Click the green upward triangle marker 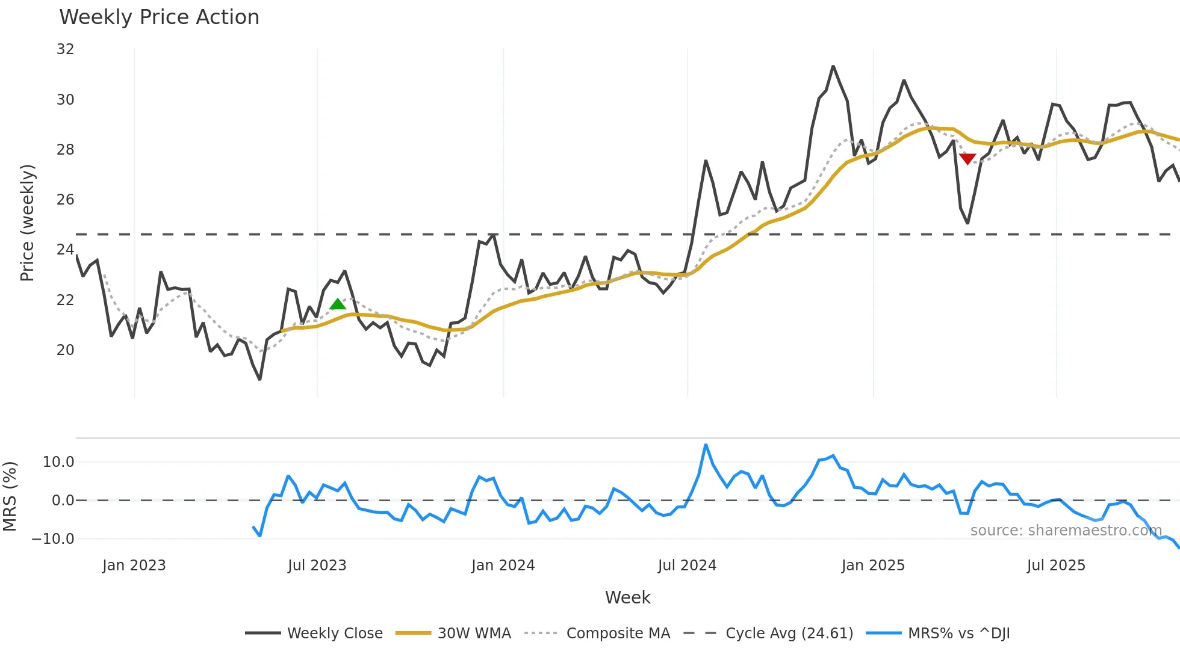(338, 304)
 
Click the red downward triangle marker (967, 159)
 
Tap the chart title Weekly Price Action (159, 17)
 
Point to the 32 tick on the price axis (65, 49)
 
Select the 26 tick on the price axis (65, 200)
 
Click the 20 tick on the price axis (65, 350)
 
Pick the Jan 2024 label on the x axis (503, 566)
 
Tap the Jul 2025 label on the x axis (1056, 566)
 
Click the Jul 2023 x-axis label (317, 566)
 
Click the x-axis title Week (627, 597)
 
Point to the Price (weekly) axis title (27, 223)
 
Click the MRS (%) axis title (10, 496)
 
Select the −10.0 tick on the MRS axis (53, 539)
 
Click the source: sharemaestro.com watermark (1066, 531)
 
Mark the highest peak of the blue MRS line (706, 445)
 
